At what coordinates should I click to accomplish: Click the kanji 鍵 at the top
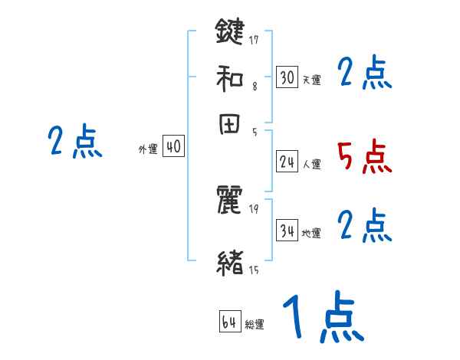pos(230,33)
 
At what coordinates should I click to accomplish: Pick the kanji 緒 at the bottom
pos(230,262)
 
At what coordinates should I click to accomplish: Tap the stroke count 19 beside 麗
pos(255,209)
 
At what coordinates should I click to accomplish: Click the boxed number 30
pos(287,77)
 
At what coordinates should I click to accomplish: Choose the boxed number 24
pos(287,161)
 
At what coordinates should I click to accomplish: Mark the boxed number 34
pos(287,231)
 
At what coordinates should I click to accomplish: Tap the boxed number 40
pos(174,147)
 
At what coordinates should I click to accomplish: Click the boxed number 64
pos(230,322)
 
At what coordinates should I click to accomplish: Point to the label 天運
pos(311,80)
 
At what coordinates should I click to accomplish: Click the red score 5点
pos(364,156)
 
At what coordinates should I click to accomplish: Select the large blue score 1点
pos(323,316)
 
